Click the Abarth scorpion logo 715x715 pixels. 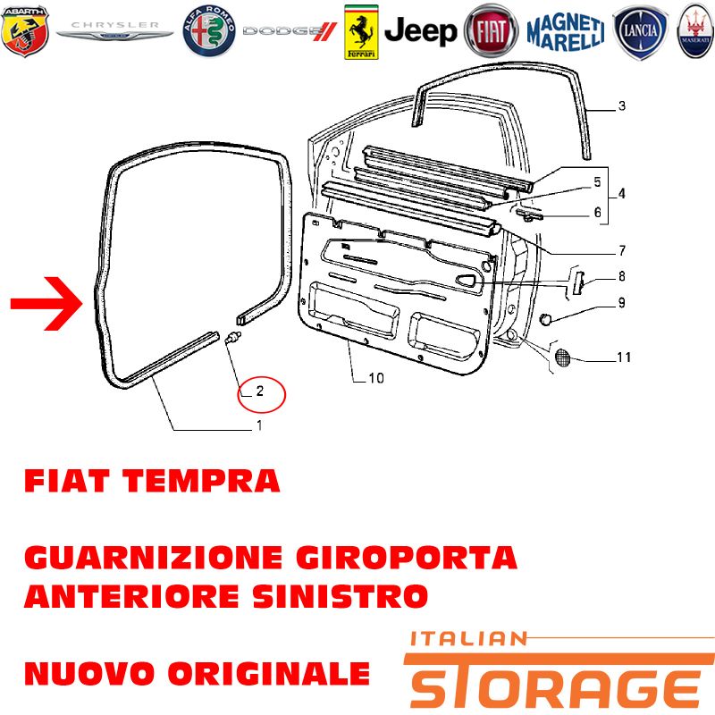tap(25, 31)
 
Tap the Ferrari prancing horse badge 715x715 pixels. tap(361, 32)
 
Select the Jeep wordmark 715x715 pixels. tap(420, 31)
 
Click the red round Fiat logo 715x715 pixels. tap(491, 31)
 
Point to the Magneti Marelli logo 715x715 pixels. tap(566, 31)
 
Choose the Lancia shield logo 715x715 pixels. tap(640, 32)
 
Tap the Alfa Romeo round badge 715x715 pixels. tap(209, 31)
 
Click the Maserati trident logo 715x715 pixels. tap(696, 31)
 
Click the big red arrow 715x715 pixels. tap(46, 303)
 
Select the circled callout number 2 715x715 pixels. tap(260, 391)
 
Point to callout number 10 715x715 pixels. tap(376, 378)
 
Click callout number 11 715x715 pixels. tap(624, 357)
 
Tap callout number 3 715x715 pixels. tap(621, 105)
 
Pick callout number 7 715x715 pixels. tap(622, 250)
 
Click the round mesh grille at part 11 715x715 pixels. tap(563, 357)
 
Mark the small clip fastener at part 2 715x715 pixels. tap(233, 338)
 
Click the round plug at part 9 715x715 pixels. tap(545, 320)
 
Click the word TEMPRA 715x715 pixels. tap(201, 481)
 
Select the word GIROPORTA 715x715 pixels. tap(407, 557)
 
